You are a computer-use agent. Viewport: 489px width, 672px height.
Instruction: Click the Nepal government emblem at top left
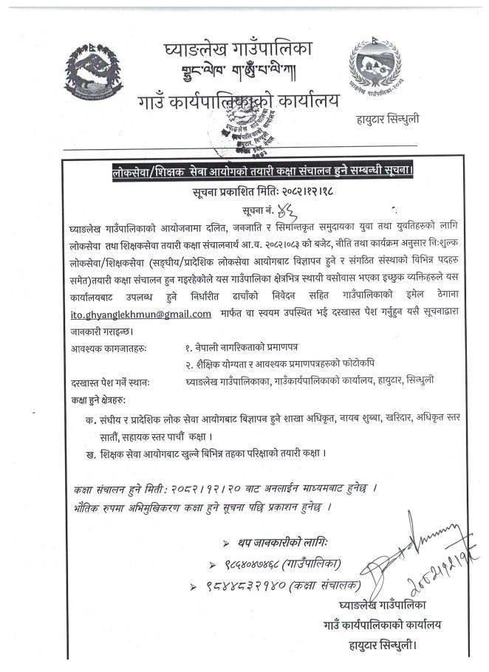93,75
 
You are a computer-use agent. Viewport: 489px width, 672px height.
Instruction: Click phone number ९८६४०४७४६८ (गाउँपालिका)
269,563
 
